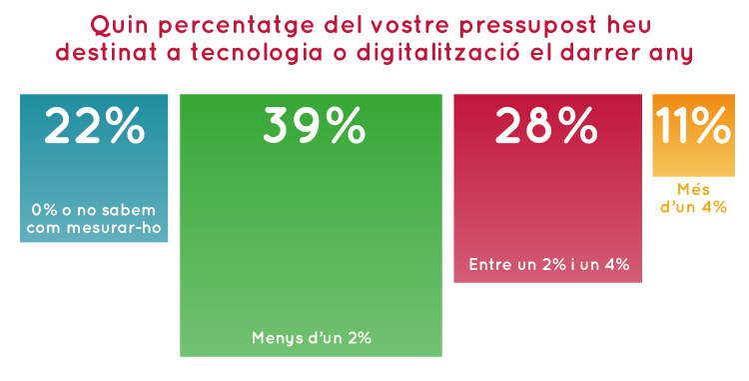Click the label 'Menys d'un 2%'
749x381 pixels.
tap(311, 338)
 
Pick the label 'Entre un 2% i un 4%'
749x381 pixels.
tap(547, 265)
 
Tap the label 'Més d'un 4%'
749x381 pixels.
tap(693, 198)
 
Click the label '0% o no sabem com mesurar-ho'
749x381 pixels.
tap(94, 220)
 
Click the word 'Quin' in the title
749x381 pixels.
tap(117, 23)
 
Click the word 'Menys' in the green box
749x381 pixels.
tap(275, 338)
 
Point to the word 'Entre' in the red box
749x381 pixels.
tap(490, 265)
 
